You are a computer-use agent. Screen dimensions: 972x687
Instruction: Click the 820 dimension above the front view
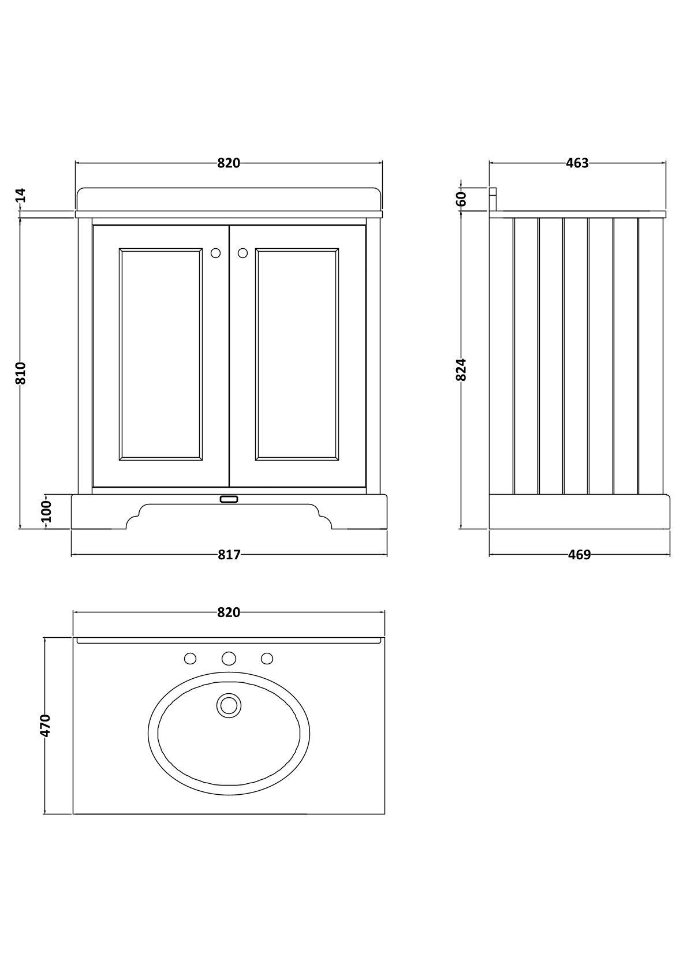point(229,163)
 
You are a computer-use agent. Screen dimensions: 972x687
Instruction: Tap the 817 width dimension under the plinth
point(229,555)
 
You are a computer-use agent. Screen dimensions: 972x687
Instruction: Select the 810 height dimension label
point(21,373)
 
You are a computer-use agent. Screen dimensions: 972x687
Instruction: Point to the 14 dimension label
point(21,195)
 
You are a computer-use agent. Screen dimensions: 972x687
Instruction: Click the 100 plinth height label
point(47,511)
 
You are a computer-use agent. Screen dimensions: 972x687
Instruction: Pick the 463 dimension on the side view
point(577,163)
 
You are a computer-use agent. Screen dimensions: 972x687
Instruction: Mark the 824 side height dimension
point(461,369)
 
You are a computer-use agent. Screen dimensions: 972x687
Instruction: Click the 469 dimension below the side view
point(579,555)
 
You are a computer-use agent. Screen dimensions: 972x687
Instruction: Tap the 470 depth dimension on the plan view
point(46,726)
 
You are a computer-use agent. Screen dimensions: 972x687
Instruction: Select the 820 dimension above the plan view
point(229,612)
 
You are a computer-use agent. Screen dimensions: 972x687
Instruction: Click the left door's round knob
point(216,253)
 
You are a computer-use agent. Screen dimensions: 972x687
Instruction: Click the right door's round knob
point(242,253)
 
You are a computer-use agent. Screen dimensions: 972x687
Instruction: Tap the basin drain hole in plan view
point(229,705)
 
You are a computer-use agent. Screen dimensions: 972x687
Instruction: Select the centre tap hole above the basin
point(229,658)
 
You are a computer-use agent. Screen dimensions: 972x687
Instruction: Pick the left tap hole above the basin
point(190,658)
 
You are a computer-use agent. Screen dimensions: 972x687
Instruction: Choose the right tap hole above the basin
point(267,658)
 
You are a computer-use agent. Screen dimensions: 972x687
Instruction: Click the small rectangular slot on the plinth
point(229,499)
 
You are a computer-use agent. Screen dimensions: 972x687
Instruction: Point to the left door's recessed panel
point(161,354)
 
